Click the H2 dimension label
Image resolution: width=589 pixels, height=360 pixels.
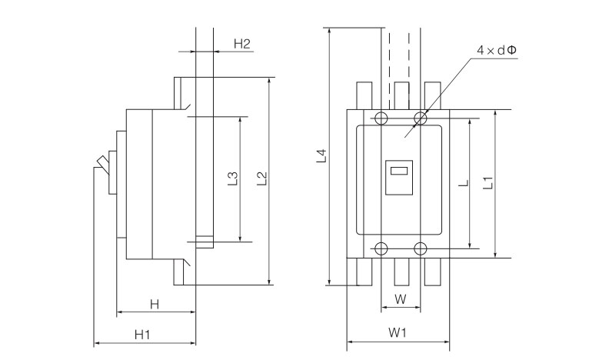click(242, 43)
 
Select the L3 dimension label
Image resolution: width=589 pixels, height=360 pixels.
click(233, 179)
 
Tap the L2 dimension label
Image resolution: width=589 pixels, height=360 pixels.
click(262, 179)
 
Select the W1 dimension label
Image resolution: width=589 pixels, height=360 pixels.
click(397, 333)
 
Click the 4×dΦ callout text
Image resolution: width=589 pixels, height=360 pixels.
click(496, 50)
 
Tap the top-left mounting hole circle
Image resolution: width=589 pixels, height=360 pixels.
click(380, 118)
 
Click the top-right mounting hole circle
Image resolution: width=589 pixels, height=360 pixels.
click(420, 118)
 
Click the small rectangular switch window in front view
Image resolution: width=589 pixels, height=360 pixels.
click(398, 172)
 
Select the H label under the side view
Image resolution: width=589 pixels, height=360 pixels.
click(154, 305)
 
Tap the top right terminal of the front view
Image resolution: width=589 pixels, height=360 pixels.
click(433, 95)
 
